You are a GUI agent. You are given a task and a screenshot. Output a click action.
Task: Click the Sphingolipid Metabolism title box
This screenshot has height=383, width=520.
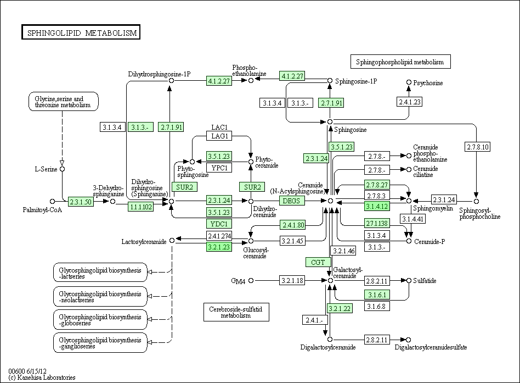click(81, 32)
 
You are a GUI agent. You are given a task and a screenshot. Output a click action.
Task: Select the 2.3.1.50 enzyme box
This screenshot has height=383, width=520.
click(81, 202)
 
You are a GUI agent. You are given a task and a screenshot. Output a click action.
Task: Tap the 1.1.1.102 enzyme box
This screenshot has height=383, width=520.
click(141, 207)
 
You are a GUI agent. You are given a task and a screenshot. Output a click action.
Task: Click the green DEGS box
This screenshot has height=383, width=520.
click(292, 201)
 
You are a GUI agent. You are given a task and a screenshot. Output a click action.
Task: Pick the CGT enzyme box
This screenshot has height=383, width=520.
click(318, 262)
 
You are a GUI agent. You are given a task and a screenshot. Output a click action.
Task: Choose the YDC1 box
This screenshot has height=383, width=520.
click(219, 224)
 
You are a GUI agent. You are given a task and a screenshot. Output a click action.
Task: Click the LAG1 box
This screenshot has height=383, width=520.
click(219, 136)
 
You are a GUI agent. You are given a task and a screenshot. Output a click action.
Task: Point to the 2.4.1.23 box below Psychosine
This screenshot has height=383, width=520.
click(410, 102)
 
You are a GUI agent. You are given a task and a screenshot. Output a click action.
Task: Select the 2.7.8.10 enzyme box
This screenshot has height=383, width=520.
click(478, 147)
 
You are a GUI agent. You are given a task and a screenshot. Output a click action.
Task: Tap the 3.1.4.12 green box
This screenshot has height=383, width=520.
click(377, 206)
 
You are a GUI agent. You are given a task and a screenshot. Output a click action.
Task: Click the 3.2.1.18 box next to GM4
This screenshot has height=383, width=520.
click(292, 281)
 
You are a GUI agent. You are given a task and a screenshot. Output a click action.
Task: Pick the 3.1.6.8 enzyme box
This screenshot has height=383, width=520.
click(377, 306)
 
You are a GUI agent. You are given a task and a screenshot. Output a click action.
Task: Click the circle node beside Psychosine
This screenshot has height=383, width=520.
click(409, 82)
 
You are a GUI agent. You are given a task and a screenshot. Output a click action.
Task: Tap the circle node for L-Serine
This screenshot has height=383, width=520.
click(62, 169)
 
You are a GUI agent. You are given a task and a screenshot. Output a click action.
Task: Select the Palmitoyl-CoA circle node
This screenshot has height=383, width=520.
click(52, 201)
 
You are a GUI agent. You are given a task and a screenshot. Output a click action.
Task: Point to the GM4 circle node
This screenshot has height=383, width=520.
click(251, 281)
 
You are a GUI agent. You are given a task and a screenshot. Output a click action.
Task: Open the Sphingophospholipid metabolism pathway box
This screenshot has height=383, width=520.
click(400, 62)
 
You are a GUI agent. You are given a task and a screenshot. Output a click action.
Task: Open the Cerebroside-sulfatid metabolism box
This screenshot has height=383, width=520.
click(236, 312)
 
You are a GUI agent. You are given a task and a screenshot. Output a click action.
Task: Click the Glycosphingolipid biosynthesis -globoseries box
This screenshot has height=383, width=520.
click(100, 320)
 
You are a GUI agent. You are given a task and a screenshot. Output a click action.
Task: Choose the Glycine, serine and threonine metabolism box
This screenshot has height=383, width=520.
click(63, 102)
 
